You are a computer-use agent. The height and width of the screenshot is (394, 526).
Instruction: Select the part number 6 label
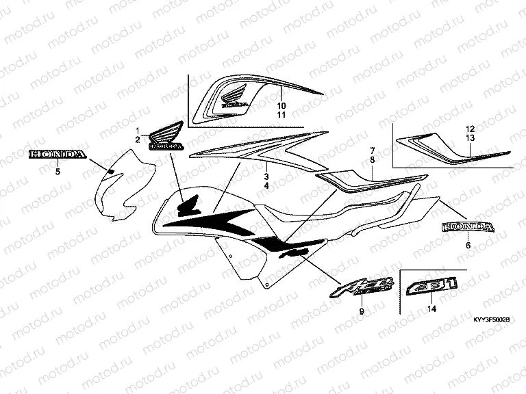[x=468, y=244]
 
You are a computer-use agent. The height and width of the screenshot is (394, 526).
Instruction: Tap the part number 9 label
[x=362, y=312]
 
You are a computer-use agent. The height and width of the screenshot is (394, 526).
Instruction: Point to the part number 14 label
[x=431, y=309]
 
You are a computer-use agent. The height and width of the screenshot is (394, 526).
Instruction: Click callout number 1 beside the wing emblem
[x=137, y=130]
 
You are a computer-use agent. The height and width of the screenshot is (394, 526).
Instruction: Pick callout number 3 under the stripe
[x=267, y=176]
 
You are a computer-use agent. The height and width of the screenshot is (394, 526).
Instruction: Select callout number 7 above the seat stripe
[x=373, y=150]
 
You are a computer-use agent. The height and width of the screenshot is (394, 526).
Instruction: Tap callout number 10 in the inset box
[x=281, y=106]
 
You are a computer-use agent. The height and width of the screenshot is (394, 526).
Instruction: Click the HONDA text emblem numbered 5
[x=58, y=155]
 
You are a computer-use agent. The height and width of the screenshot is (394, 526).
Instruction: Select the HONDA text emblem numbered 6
[x=467, y=226]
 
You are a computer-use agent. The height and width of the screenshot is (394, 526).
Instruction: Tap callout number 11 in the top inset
[x=281, y=115]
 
